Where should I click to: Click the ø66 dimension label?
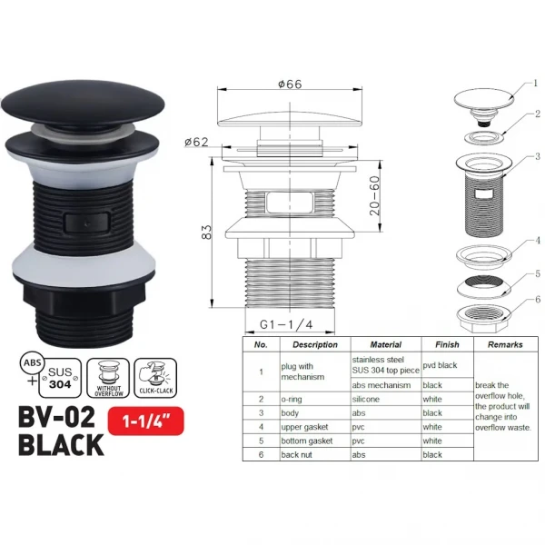(x=290, y=84)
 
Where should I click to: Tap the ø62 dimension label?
(x=198, y=142)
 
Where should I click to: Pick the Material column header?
(x=386, y=345)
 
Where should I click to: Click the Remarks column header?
(x=504, y=345)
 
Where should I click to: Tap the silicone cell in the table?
(x=369, y=398)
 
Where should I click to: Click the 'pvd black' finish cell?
(x=443, y=364)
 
